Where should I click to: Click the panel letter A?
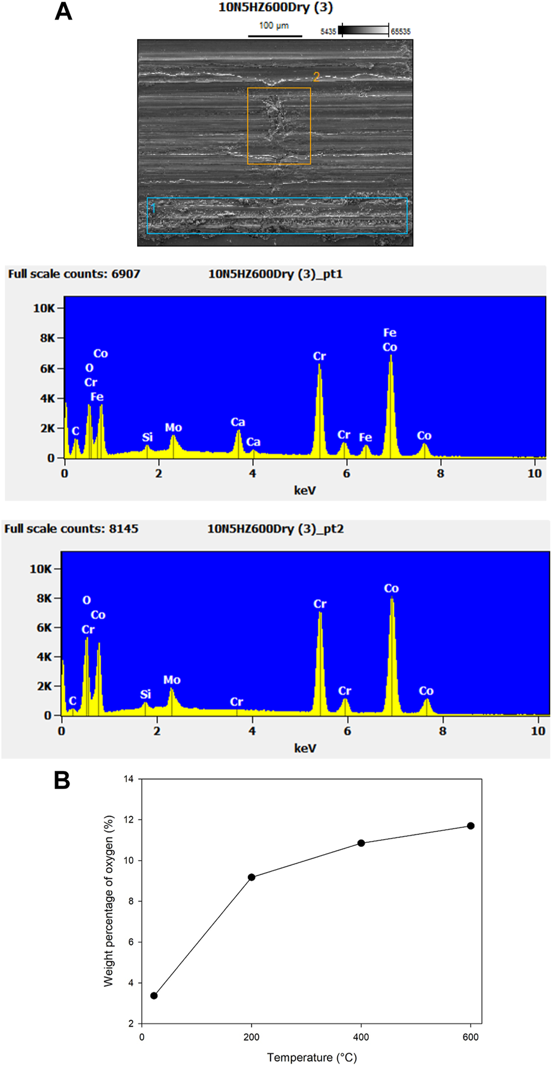click(63, 12)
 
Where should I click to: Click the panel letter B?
click(62, 780)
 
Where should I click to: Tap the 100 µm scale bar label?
click(274, 26)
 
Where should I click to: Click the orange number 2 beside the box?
click(317, 77)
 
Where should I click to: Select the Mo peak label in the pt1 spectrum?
click(174, 427)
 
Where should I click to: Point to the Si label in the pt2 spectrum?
click(145, 694)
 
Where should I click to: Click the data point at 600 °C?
click(471, 826)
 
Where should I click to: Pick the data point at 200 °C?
click(251, 877)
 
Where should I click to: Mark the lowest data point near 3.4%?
click(154, 996)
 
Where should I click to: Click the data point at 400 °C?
click(361, 843)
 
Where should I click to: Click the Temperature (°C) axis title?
click(311, 1058)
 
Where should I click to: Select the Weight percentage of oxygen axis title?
click(108, 901)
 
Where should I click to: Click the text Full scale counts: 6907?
click(74, 274)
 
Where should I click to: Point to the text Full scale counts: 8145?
click(71, 529)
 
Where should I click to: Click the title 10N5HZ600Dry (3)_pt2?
click(275, 529)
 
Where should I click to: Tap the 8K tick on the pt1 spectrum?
click(44, 338)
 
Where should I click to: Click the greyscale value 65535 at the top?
click(401, 32)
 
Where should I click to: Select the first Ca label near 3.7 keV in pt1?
click(238, 422)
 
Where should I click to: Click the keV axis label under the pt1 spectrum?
click(305, 491)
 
